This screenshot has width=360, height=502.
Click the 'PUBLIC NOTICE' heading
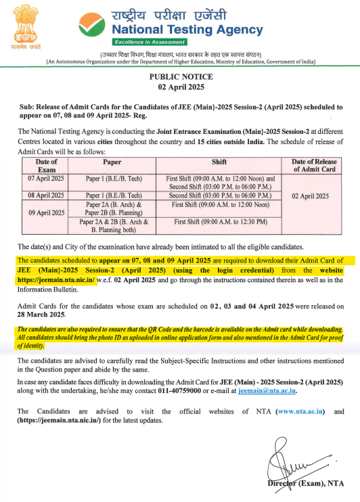[179, 78]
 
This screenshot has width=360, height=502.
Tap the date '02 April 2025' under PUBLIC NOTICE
[179, 89]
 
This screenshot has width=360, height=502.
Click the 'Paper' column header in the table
[112, 162]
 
